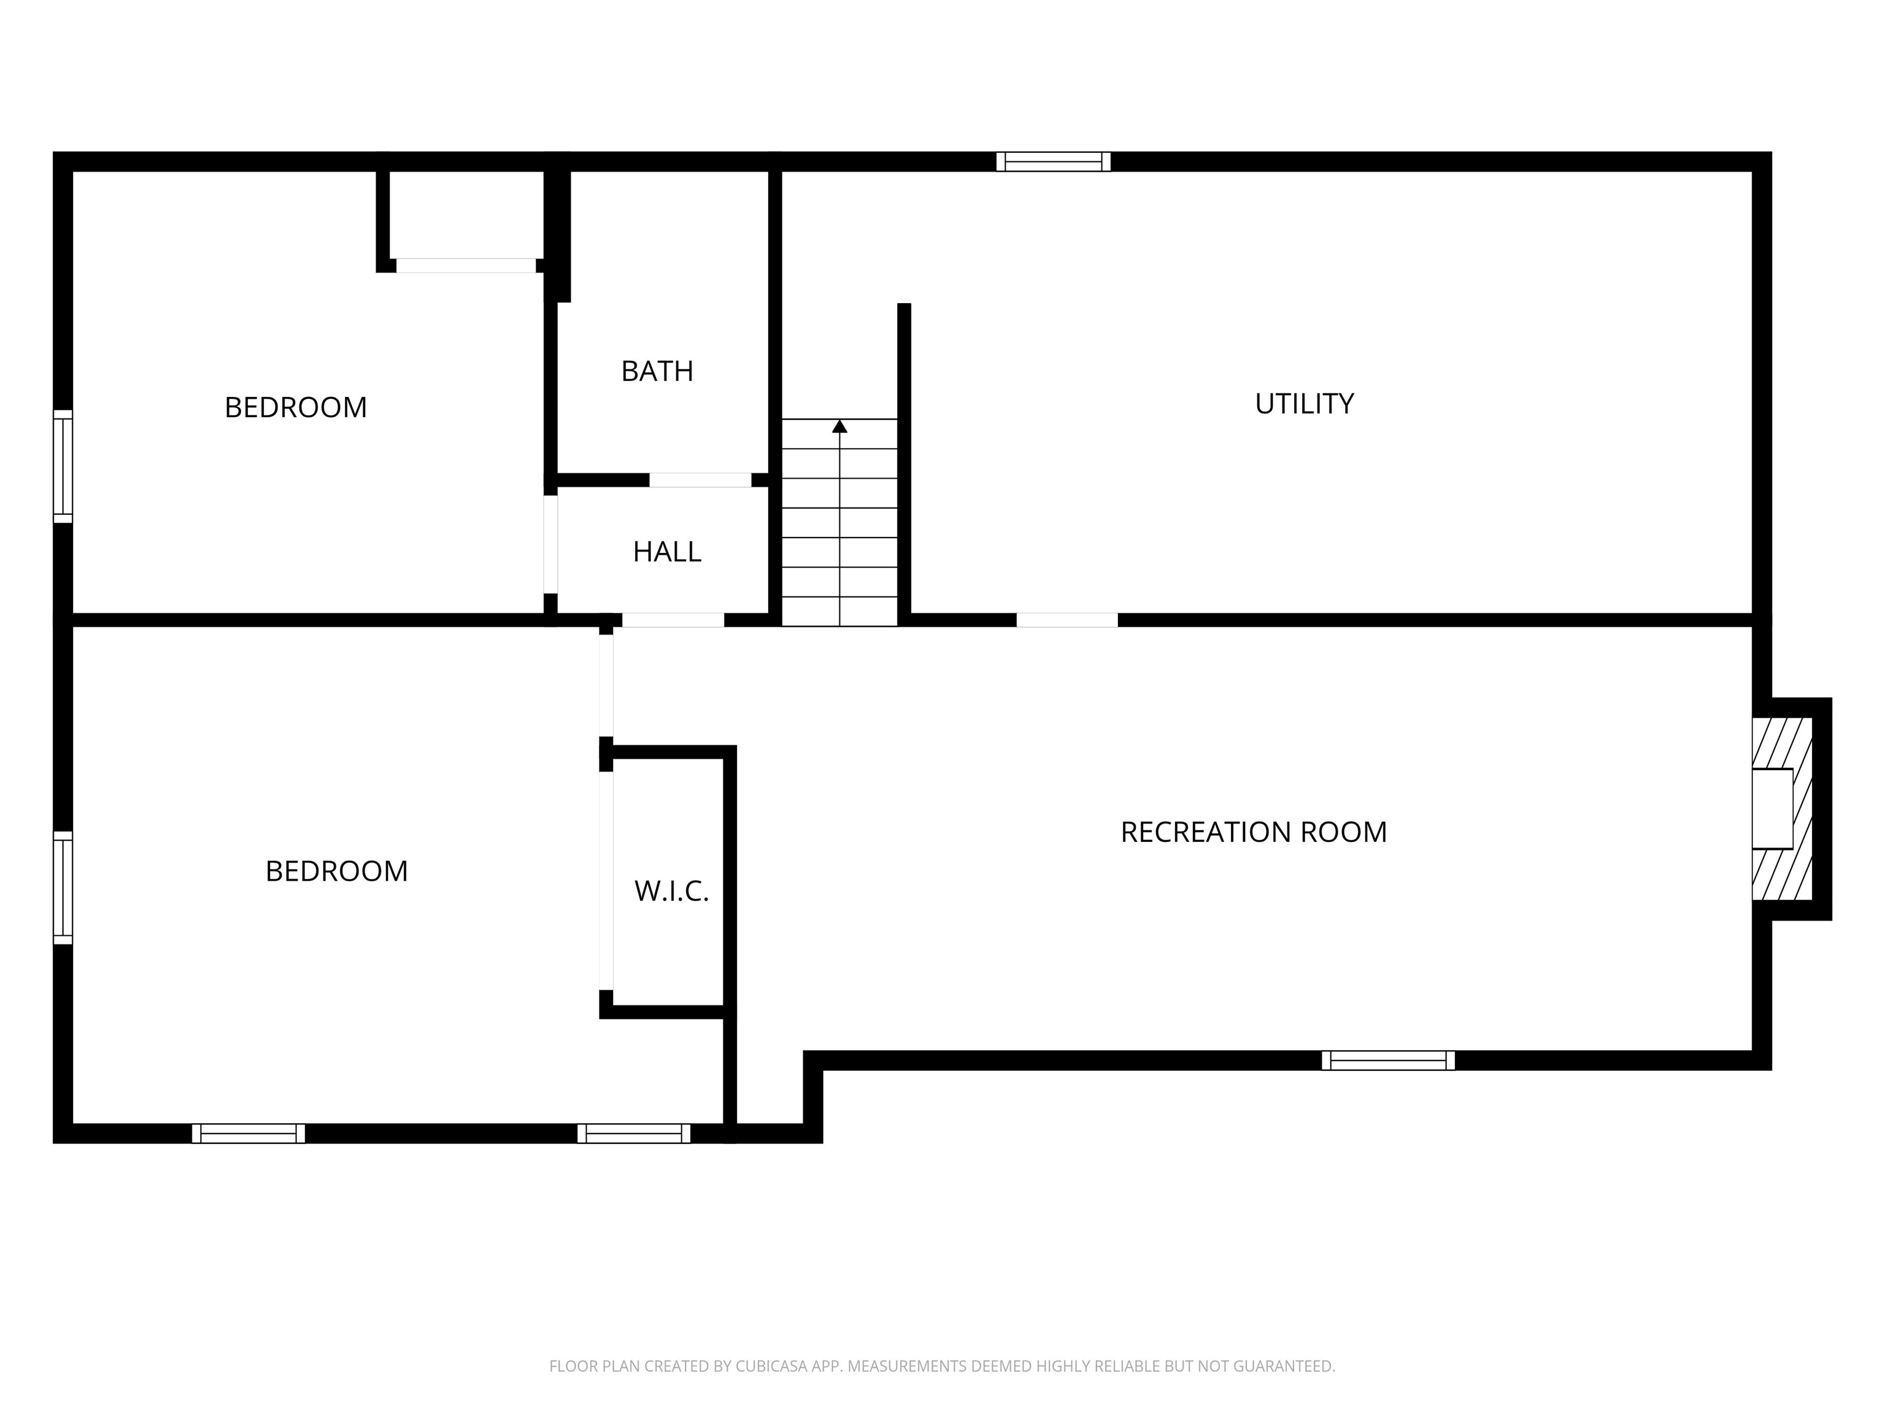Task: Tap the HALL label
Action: click(x=667, y=552)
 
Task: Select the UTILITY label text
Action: click(x=1304, y=403)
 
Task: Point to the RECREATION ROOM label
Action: click(x=1254, y=832)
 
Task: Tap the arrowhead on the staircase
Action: click(x=839, y=426)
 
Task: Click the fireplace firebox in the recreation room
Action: click(x=1773, y=809)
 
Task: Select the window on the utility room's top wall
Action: click(x=1054, y=161)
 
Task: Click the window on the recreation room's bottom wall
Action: click(x=1388, y=1060)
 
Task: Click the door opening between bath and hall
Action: click(x=701, y=480)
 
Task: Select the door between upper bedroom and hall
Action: click(x=550, y=544)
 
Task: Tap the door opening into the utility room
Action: click(x=1067, y=620)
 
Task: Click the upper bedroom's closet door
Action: click(x=466, y=266)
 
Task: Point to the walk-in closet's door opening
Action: click(x=606, y=881)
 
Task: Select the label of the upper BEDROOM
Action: click(x=296, y=408)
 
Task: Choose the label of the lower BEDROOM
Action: click(x=337, y=871)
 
